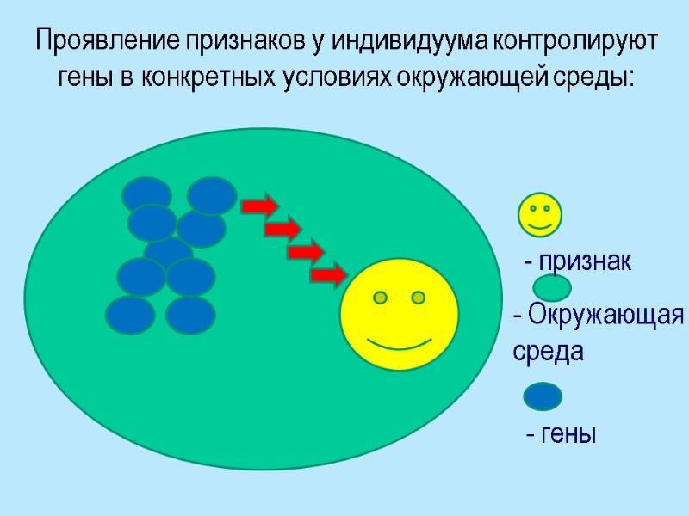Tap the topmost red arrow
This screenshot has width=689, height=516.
click(x=259, y=206)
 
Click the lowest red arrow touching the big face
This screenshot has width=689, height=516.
click(x=328, y=276)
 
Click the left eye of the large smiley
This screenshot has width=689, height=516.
click(x=380, y=298)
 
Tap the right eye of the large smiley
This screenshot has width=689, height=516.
click(x=418, y=298)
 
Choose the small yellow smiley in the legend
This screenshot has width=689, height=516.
click(x=540, y=215)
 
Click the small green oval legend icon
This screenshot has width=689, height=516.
click(x=552, y=287)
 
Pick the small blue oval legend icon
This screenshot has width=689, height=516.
click(x=543, y=396)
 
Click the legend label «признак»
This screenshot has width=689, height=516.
click(x=587, y=262)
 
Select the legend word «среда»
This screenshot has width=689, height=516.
click(x=548, y=352)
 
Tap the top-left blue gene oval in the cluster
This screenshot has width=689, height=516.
click(x=146, y=194)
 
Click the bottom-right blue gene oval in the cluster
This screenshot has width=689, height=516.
click(x=190, y=316)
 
